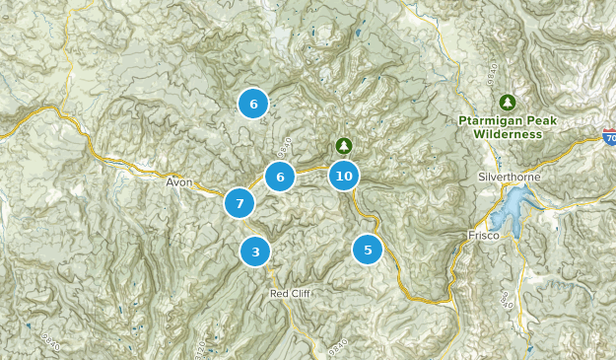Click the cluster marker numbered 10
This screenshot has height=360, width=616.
click(343, 177)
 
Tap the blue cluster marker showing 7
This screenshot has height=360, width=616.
click(240, 203)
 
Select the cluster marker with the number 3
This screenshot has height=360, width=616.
click(255, 252)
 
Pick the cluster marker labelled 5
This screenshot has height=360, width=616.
click(368, 250)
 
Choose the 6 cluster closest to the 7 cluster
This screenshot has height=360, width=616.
click(280, 178)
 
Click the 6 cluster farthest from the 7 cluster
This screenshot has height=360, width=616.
click(253, 104)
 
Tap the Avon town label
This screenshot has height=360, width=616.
click(179, 182)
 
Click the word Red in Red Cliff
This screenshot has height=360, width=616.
click(280, 294)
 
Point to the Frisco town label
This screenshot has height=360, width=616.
click(484, 236)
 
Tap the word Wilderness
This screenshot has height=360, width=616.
click(508, 133)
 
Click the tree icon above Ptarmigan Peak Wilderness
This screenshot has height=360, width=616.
click(508, 102)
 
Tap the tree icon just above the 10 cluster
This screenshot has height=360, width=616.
click(343, 145)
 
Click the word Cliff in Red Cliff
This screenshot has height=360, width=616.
click(301, 294)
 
